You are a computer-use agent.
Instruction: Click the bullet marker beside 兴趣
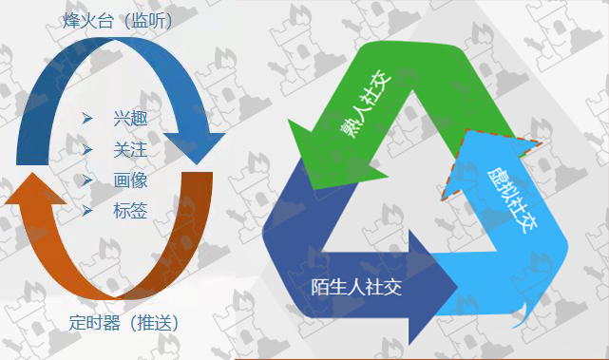[x=87, y=119]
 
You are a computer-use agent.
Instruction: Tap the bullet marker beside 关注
[x=87, y=149]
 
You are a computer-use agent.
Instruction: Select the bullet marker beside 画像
[x=87, y=180]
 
